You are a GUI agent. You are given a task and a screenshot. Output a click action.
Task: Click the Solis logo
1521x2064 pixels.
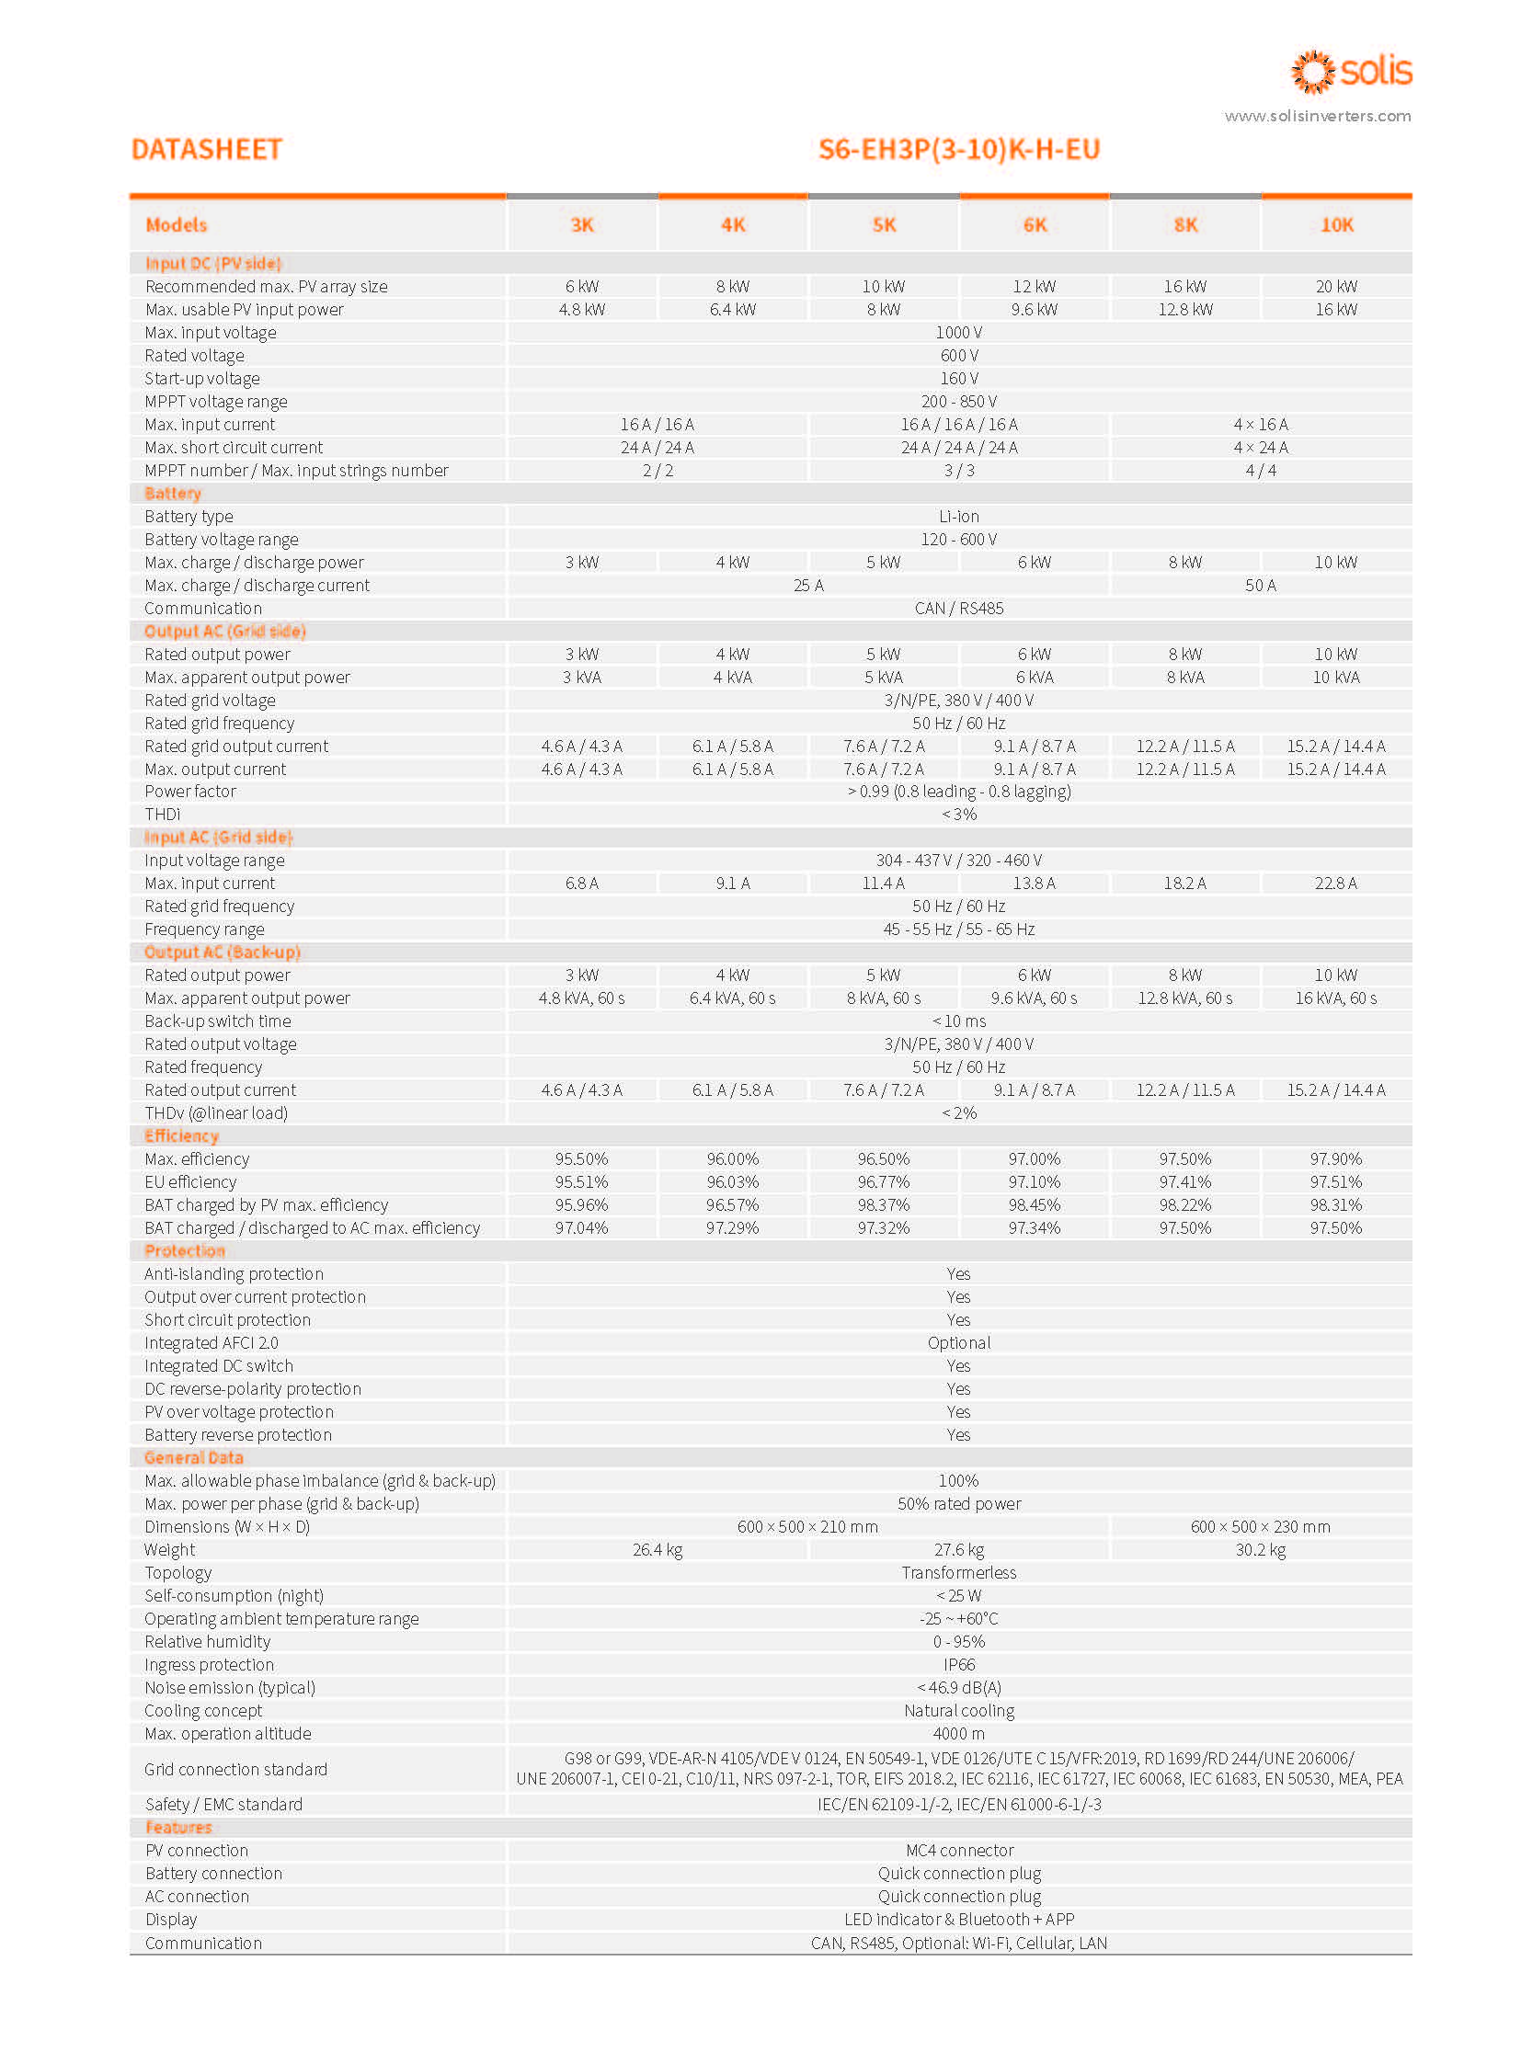1351,72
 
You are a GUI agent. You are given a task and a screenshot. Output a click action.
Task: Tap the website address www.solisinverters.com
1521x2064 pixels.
1317,116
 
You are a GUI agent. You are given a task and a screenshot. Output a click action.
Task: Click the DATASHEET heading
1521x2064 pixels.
206,149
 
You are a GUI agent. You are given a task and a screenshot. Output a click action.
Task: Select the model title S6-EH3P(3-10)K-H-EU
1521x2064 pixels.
958,149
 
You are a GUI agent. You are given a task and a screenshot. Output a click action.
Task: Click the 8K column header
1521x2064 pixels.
1185,224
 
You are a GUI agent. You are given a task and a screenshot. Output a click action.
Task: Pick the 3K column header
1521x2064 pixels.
582,224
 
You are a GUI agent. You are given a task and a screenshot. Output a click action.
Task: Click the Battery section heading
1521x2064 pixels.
172,494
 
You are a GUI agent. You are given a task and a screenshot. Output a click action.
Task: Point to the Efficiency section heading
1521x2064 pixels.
181,1136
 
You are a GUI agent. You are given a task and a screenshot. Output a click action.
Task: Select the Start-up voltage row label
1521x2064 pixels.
201,379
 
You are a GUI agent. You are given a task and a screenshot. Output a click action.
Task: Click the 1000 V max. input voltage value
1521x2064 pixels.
958,332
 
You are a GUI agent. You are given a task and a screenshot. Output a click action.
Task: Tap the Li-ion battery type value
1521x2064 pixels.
958,517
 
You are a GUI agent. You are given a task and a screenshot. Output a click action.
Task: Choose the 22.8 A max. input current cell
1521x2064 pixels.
1335,883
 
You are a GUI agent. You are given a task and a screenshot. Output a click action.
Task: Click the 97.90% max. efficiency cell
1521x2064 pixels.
1335,1159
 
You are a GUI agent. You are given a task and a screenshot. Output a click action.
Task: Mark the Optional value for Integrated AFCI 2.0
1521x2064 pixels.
958,1343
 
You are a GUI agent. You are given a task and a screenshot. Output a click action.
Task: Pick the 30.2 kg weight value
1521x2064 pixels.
1260,1549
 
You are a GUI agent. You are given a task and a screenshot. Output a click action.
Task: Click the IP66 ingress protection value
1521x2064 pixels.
958,1664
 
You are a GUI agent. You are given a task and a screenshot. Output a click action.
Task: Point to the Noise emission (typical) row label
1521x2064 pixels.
229,1687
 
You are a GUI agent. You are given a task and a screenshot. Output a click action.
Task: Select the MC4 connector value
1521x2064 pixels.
958,1851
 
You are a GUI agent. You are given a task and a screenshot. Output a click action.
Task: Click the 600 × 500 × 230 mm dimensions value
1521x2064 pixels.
1260,1526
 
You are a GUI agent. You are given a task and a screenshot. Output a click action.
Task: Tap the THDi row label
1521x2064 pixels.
162,814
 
